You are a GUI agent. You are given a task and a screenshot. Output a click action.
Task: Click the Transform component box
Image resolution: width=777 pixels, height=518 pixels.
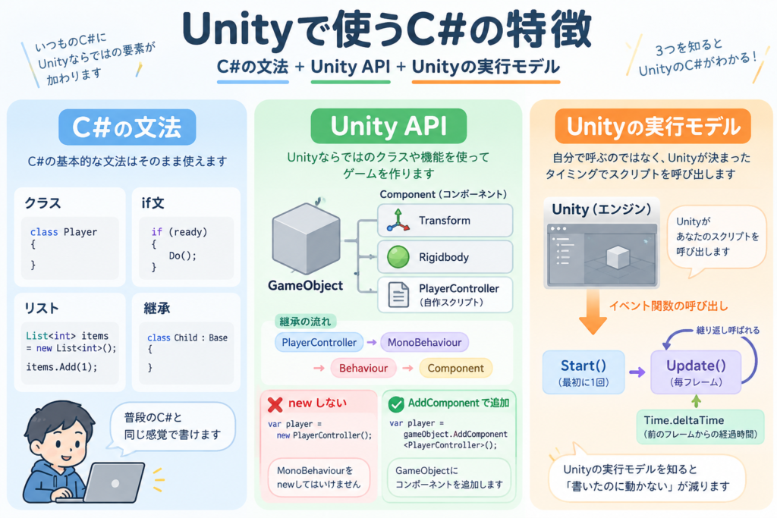point(445,221)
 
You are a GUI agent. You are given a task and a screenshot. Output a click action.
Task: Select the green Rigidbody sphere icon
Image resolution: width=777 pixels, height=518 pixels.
point(398,257)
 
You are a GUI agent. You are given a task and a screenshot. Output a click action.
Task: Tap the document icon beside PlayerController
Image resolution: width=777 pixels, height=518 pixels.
point(398,295)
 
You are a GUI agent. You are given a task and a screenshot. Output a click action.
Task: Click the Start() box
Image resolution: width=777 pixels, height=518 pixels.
point(584,372)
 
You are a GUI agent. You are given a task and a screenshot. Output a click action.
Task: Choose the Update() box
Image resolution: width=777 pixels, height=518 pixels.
point(696,372)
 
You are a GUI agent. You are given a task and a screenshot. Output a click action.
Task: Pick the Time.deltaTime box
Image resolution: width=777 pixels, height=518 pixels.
point(700,426)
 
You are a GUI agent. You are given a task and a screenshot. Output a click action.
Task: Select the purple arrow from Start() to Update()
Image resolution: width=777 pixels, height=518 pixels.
point(637,372)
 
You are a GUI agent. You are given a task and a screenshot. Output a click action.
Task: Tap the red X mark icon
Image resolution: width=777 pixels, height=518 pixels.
point(275,404)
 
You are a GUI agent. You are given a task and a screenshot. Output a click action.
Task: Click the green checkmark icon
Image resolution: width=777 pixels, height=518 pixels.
point(396,404)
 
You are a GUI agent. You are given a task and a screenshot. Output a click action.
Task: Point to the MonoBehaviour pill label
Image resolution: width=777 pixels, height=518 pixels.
point(424,342)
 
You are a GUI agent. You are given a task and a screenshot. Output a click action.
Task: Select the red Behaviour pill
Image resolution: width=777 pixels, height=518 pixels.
point(363,368)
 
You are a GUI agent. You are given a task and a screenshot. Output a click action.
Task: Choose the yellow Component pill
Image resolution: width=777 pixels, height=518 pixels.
point(455,368)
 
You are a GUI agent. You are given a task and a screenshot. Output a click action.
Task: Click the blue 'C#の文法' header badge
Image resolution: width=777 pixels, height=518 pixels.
point(127,127)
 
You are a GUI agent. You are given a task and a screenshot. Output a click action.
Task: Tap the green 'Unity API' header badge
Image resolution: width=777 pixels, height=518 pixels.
point(388,126)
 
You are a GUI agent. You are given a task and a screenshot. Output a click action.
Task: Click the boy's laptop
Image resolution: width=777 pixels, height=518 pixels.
point(111,483)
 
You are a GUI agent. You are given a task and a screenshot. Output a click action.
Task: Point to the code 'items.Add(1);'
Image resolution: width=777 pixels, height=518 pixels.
point(61,367)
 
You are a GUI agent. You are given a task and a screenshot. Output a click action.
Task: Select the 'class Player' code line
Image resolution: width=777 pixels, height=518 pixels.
point(64,232)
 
